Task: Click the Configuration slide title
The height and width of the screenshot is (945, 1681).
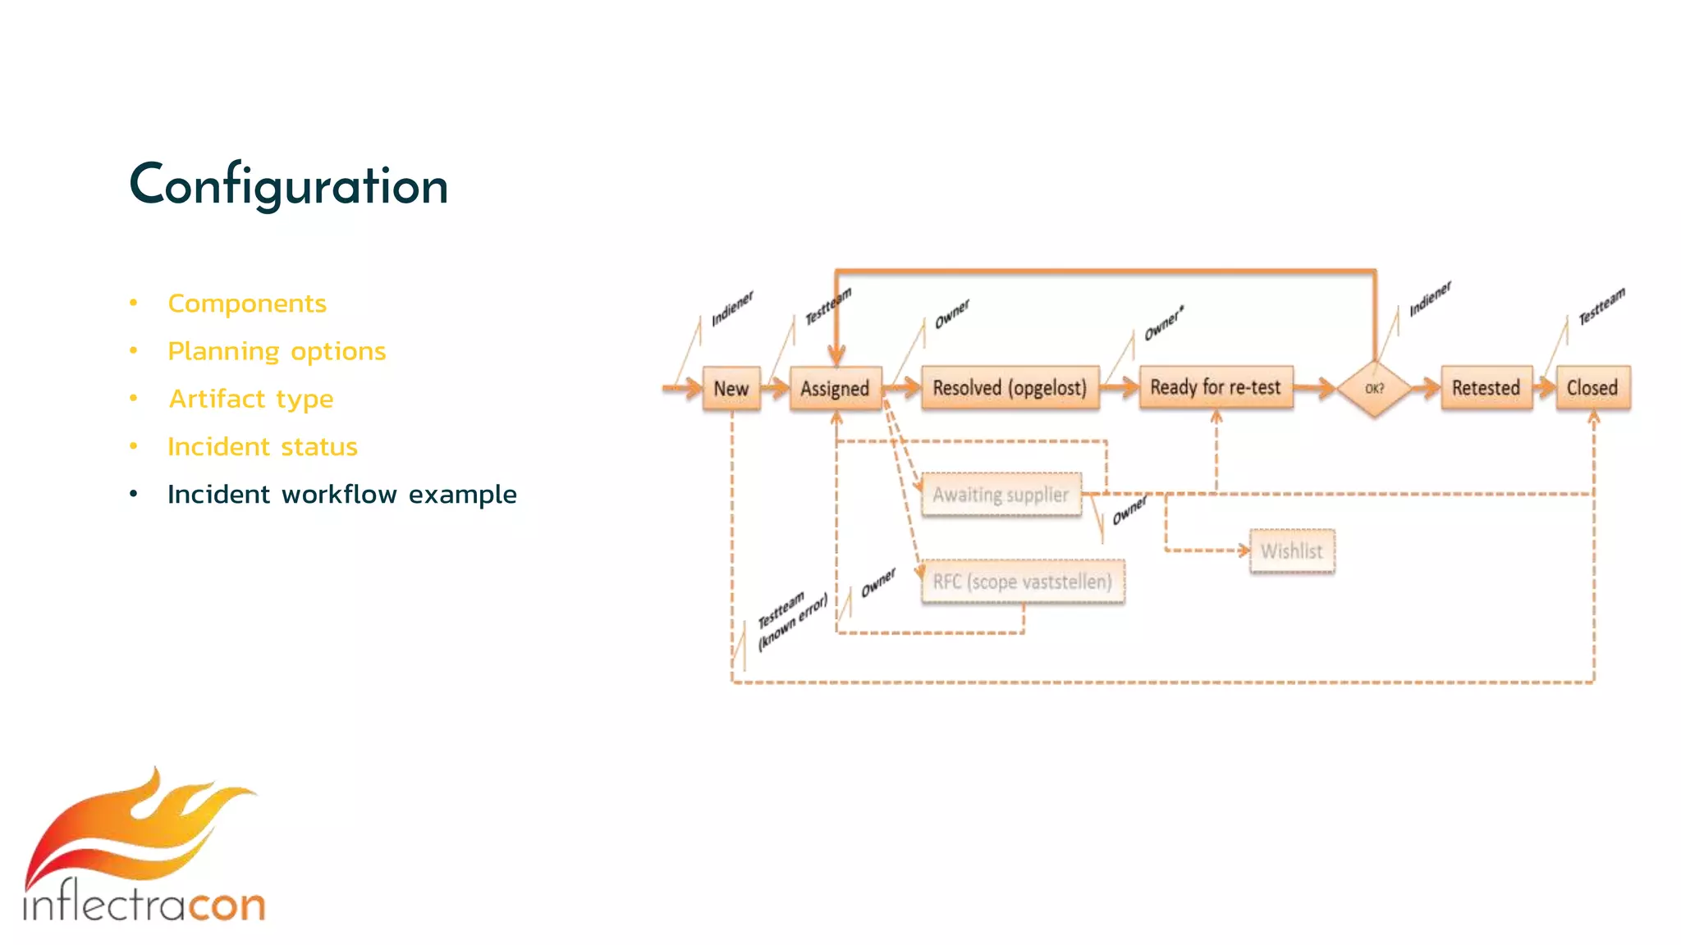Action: coord(289,186)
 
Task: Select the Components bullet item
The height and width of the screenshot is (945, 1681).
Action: coord(247,304)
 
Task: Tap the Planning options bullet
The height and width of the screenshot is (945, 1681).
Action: coord(277,351)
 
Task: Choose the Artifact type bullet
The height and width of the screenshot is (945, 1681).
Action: coord(251,399)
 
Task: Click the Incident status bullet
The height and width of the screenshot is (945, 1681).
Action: coord(263,446)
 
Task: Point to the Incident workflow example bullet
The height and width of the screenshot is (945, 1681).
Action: coord(341,494)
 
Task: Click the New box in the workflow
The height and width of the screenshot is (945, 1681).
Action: coord(731,388)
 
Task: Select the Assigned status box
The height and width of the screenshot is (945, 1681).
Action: coord(835,388)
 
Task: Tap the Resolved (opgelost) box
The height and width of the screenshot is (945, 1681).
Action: coord(1010,387)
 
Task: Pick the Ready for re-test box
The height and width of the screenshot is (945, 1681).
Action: coord(1216,387)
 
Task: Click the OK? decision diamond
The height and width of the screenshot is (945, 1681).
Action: coord(1374,388)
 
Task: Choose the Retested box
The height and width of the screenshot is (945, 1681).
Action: coord(1486,387)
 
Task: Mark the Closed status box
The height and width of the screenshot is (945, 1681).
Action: coord(1592,387)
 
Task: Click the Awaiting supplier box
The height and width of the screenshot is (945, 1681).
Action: coord(1001,495)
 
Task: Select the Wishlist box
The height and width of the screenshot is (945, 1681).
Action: coord(1292,550)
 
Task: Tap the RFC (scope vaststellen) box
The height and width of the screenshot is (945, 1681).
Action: coord(1022,582)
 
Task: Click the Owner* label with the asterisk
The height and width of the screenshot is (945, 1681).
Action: coord(1164,323)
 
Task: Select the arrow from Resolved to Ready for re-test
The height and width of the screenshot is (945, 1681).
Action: coord(1120,387)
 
